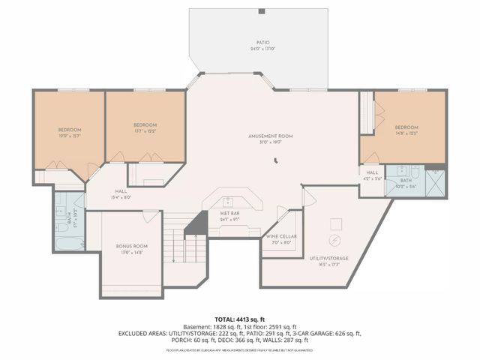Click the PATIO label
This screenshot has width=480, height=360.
coord(262,44)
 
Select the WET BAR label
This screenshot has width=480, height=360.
coord(229,216)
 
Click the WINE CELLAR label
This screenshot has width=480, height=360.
coord(281,238)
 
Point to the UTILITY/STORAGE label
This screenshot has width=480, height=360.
coord(329,260)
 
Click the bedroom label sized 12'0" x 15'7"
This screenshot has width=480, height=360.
coord(69,133)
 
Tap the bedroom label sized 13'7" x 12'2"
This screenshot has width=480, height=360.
coord(145,127)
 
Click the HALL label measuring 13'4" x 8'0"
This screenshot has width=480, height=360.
coord(121,193)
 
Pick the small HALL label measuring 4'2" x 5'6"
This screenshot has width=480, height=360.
coord(373,175)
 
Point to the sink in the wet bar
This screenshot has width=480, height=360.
coord(229,201)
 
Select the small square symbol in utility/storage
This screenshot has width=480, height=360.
coord(337,223)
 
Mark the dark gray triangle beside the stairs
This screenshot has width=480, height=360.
coord(196,223)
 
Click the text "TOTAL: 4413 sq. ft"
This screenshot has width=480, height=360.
coord(239,319)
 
